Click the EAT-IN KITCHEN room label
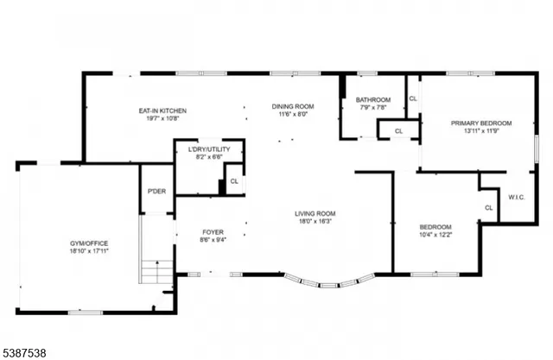tap(162, 111)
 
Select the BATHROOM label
tap(373, 99)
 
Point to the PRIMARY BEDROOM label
tap(481, 123)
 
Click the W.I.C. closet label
tap(516, 197)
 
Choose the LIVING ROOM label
tap(315, 213)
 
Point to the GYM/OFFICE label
tap(88, 243)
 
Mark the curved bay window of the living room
tap(330, 280)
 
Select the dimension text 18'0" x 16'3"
tap(315, 222)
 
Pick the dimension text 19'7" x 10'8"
tap(162, 119)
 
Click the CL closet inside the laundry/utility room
tap(233, 181)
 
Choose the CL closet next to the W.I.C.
tap(488, 207)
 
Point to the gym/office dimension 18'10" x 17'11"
tap(88, 252)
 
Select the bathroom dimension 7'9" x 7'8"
tap(373, 108)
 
